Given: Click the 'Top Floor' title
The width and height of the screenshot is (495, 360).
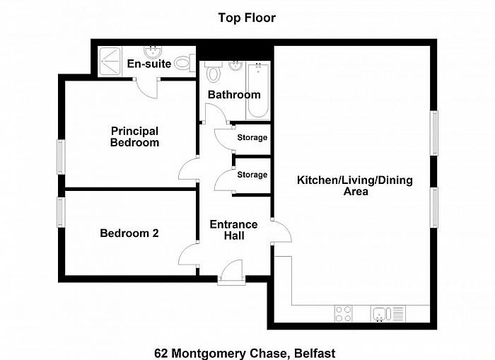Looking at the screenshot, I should click(x=247, y=18).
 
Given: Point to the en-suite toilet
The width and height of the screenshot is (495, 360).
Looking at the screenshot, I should click(x=183, y=63).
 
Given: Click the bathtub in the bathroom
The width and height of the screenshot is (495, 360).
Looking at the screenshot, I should click(x=257, y=91).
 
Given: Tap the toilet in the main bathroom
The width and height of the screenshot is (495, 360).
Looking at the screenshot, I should click(x=213, y=73).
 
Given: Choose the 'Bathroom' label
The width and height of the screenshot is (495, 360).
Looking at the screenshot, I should click(x=233, y=95).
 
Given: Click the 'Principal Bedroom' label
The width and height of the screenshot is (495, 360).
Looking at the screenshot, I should click(x=134, y=137).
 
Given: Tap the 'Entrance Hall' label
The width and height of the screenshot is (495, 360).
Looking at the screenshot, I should click(x=233, y=230).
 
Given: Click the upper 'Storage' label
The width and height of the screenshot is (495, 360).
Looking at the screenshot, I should click(x=252, y=138).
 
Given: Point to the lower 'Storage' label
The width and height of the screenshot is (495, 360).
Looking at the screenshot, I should click(x=252, y=175).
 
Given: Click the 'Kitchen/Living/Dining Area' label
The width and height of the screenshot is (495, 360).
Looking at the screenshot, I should click(x=354, y=186).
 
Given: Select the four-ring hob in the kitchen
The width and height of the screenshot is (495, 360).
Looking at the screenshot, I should click(x=344, y=313).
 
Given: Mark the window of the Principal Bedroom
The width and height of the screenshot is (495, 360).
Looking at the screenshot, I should click(x=61, y=156).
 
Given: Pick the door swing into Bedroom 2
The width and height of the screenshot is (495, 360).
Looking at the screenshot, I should click(x=190, y=254).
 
